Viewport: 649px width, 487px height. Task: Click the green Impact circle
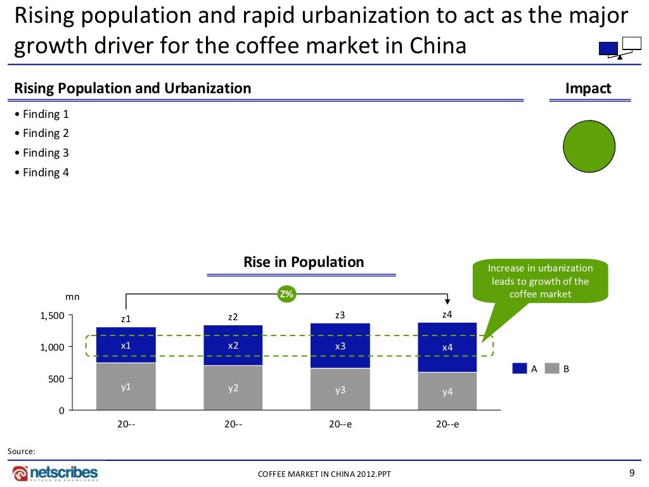point(589,146)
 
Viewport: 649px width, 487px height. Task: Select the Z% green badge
point(286,294)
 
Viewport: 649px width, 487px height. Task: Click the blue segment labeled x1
point(126,345)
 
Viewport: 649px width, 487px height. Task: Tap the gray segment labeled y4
point(447,391)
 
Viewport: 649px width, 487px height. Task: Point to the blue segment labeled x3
point(340,346)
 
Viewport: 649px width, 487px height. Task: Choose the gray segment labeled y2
point(233,387)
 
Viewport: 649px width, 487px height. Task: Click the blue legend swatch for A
point(520,368)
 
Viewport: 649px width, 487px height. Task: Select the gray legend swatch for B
point(552,368)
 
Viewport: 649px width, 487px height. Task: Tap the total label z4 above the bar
point(447,315)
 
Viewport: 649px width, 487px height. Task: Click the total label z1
point(126,318)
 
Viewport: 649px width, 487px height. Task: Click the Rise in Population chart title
point(304,262)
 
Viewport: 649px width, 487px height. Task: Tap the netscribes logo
point(55,473)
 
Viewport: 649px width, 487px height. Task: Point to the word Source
point(21,451)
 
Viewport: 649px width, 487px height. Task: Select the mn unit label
point(72,296)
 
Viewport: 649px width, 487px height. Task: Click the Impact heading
point(588,88)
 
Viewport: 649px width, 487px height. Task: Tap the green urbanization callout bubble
point(540,281)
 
